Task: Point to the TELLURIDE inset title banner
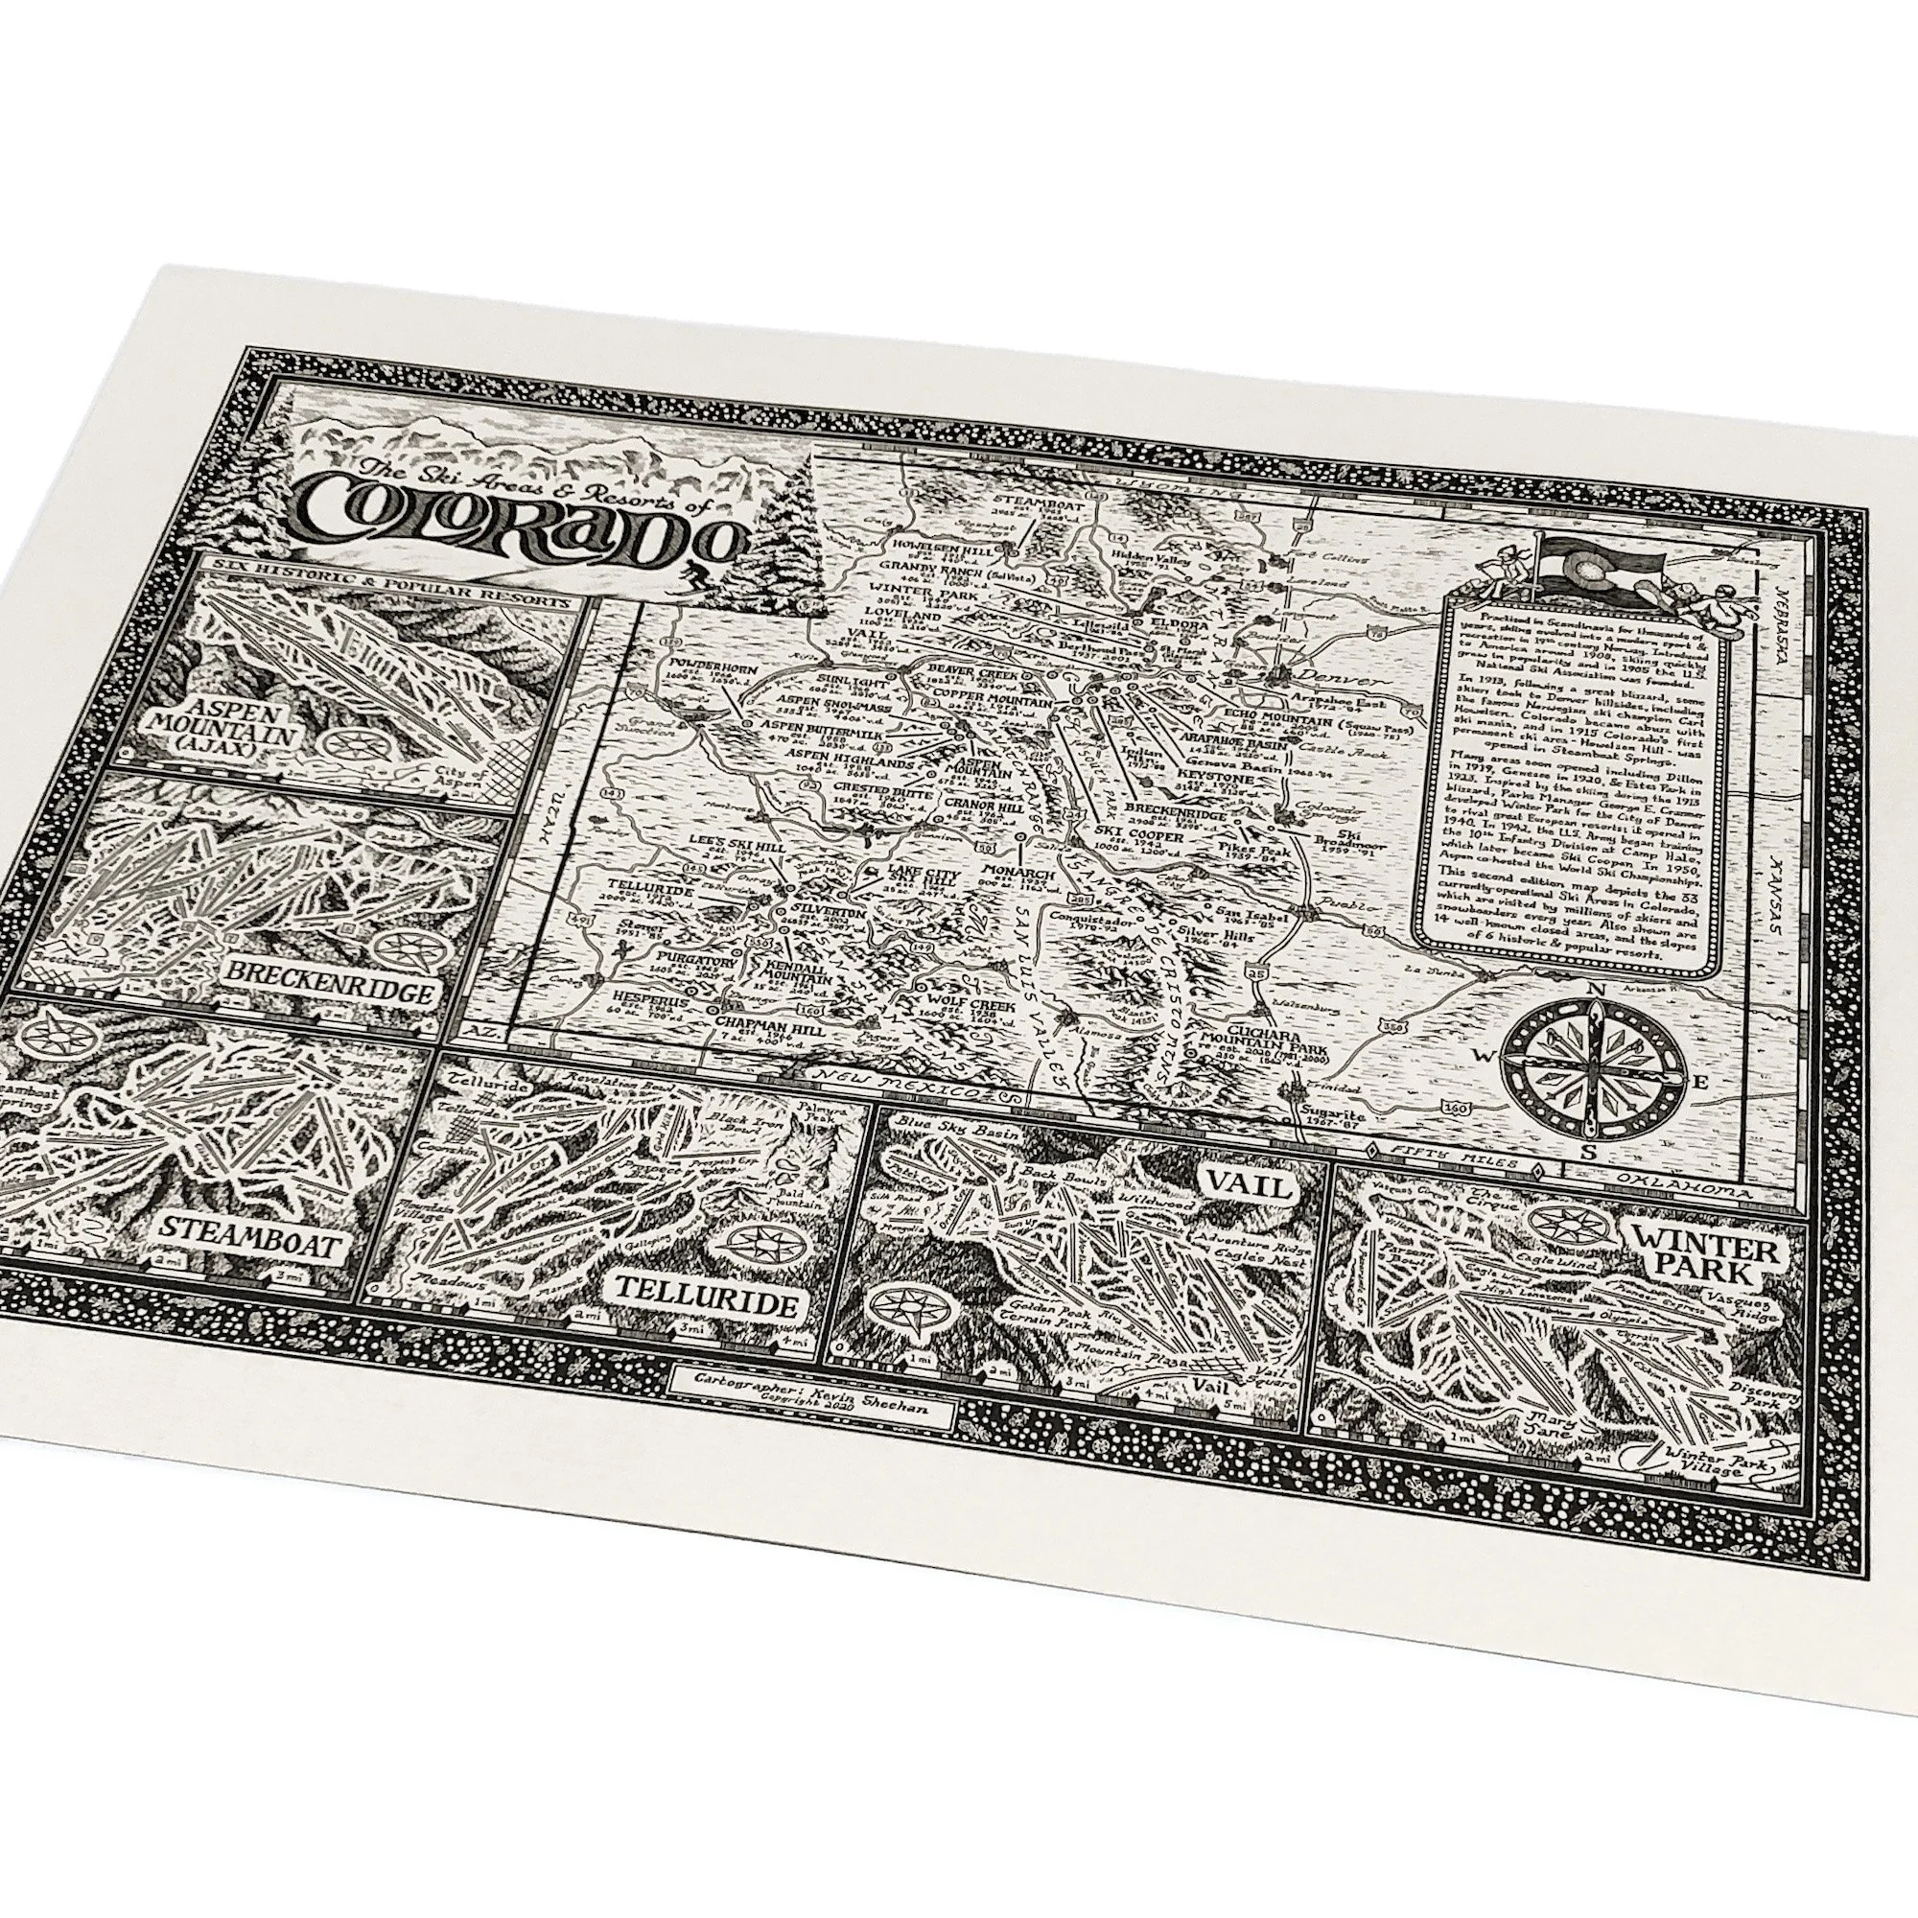coord(706,1307)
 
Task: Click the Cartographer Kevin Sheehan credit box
coord(809,1386)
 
